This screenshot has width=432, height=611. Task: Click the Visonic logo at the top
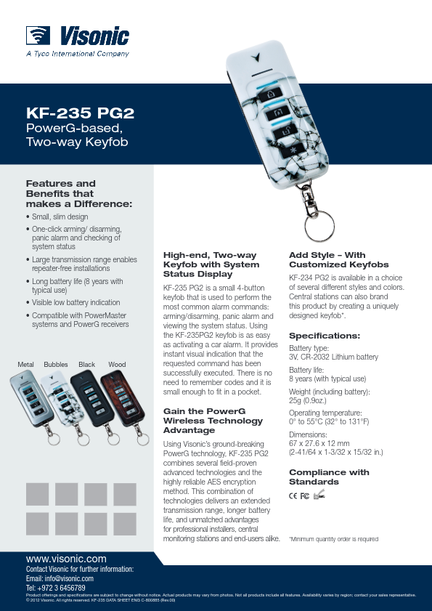(x=78, y=36)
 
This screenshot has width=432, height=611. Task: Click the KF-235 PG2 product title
(x=80, y=113)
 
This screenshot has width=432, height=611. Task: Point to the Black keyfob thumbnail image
(x=87, y=404)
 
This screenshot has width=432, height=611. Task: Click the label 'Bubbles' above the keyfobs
(x=56, y=363)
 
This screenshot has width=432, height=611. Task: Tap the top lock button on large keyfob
(x=271, y=95)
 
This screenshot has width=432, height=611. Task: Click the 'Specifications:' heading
(x=325, y=336)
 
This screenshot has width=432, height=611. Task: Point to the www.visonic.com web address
(x=66, y=558)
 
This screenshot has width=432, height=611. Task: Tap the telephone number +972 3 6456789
(x=55, y=588)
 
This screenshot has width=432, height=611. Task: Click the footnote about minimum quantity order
(x=334, y=539)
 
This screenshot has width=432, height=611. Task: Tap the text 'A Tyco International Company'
(x=77, y=53)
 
